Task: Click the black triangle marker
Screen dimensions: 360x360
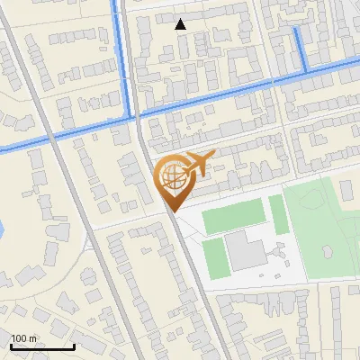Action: pyautogui.click(x=181, y=24)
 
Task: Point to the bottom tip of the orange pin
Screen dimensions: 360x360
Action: pyautogui.click(x=172, y=211)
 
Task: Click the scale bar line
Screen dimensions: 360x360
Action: pyautogui.click(x=42, y=346)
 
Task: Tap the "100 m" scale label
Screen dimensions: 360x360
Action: pyautogui.click(x=24, y=338)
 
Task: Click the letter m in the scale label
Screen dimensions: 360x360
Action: pyautogui.click(x=33, y=338)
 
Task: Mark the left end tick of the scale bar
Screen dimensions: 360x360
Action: pyautogui.click(x=11, y=345)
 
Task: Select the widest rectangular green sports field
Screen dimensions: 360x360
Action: pyautogui.click(x=234, y=217)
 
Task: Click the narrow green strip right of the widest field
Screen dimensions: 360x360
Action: pyautogui.click(x=278, y=214)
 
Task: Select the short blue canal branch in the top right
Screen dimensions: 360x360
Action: pyautogui.click(x=300, y=47)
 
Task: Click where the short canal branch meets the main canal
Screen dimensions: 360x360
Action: pyautogui.click(x=306, y=70)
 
